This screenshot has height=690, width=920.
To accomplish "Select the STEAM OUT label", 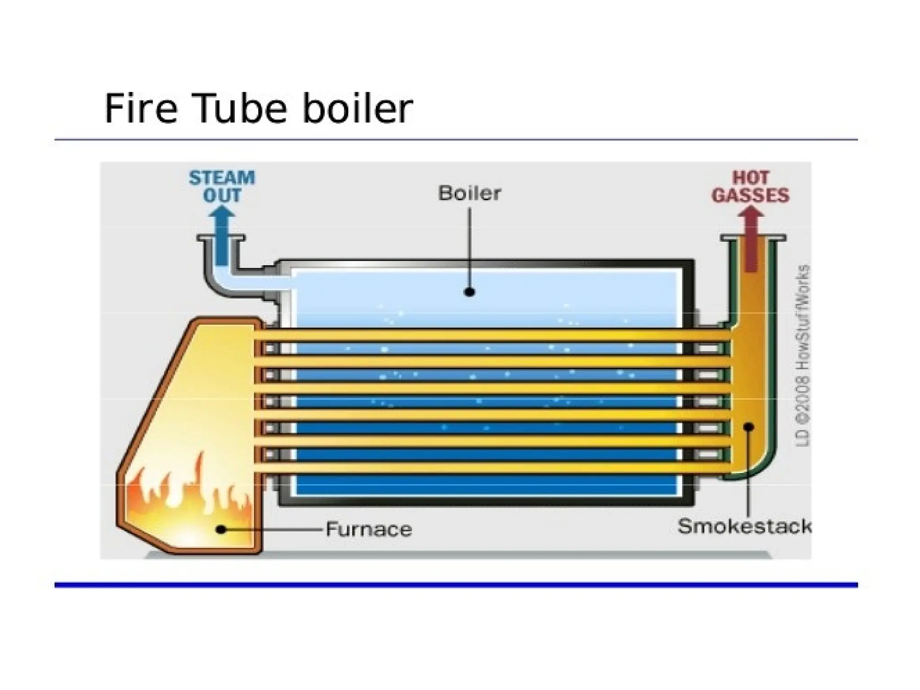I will tap(221, 186).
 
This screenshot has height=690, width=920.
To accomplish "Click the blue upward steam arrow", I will tap(222, 234).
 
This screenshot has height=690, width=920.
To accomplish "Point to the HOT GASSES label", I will tap(750, 186).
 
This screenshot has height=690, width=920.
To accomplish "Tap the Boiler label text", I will tap(469, 193).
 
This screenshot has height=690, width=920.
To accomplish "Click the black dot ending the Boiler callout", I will tap(469, 292).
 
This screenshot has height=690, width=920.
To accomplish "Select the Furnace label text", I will tap(368, 529).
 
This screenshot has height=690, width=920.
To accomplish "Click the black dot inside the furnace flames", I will tap(221, 530).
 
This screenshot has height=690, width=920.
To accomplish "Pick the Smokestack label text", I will tap(744, 526).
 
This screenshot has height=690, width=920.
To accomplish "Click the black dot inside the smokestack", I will tap(748, 427).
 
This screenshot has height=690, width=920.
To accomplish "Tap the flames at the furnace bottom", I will tap(189, 499).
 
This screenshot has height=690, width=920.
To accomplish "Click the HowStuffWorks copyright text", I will tap(804, 355).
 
